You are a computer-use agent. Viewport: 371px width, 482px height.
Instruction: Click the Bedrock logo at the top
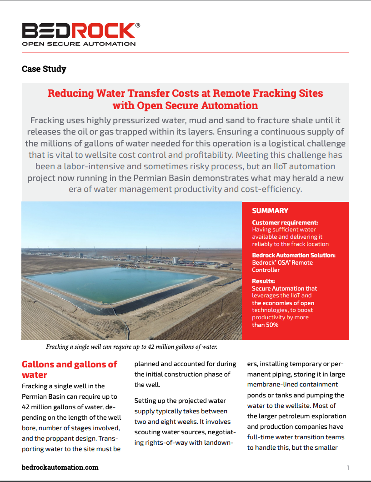coord(78,31)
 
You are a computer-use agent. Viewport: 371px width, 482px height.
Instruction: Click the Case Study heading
coord(44,69)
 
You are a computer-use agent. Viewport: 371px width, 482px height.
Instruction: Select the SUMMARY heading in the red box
coord(270,211)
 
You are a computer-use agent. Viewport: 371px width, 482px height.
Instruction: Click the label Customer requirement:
coord(285,222)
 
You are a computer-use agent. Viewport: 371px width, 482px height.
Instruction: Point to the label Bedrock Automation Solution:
coord(294,255)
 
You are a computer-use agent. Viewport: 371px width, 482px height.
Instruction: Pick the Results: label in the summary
coord(263,281)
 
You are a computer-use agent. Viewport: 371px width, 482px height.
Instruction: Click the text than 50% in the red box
coord(265,325)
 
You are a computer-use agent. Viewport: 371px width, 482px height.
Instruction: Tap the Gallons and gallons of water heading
coord(69,369)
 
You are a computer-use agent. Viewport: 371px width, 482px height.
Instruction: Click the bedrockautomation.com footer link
coord(60,467)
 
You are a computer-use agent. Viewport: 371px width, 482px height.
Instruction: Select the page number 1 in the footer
coord(348,467)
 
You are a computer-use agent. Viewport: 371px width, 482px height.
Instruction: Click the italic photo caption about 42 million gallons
coord(131,347)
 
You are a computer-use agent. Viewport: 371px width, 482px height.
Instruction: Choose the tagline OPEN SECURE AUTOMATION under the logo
coord(79,44)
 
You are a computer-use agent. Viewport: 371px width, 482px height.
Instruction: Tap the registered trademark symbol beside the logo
coord(138,25)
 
